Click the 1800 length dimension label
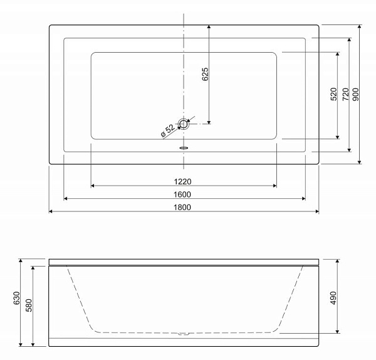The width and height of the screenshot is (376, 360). coord(182,207)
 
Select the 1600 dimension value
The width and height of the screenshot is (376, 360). coord(182,194)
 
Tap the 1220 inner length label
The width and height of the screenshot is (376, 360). coord(182,182)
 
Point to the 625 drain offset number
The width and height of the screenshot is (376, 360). coord(206,75)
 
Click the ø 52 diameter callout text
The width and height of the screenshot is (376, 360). coord(168,131)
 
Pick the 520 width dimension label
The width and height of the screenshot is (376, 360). coord(334,94)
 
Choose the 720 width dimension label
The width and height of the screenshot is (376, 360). coord(345,94)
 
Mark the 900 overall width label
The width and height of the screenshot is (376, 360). coord(356,94)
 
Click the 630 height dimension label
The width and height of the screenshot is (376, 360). coord(16,299)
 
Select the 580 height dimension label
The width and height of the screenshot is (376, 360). coord(29,305)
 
